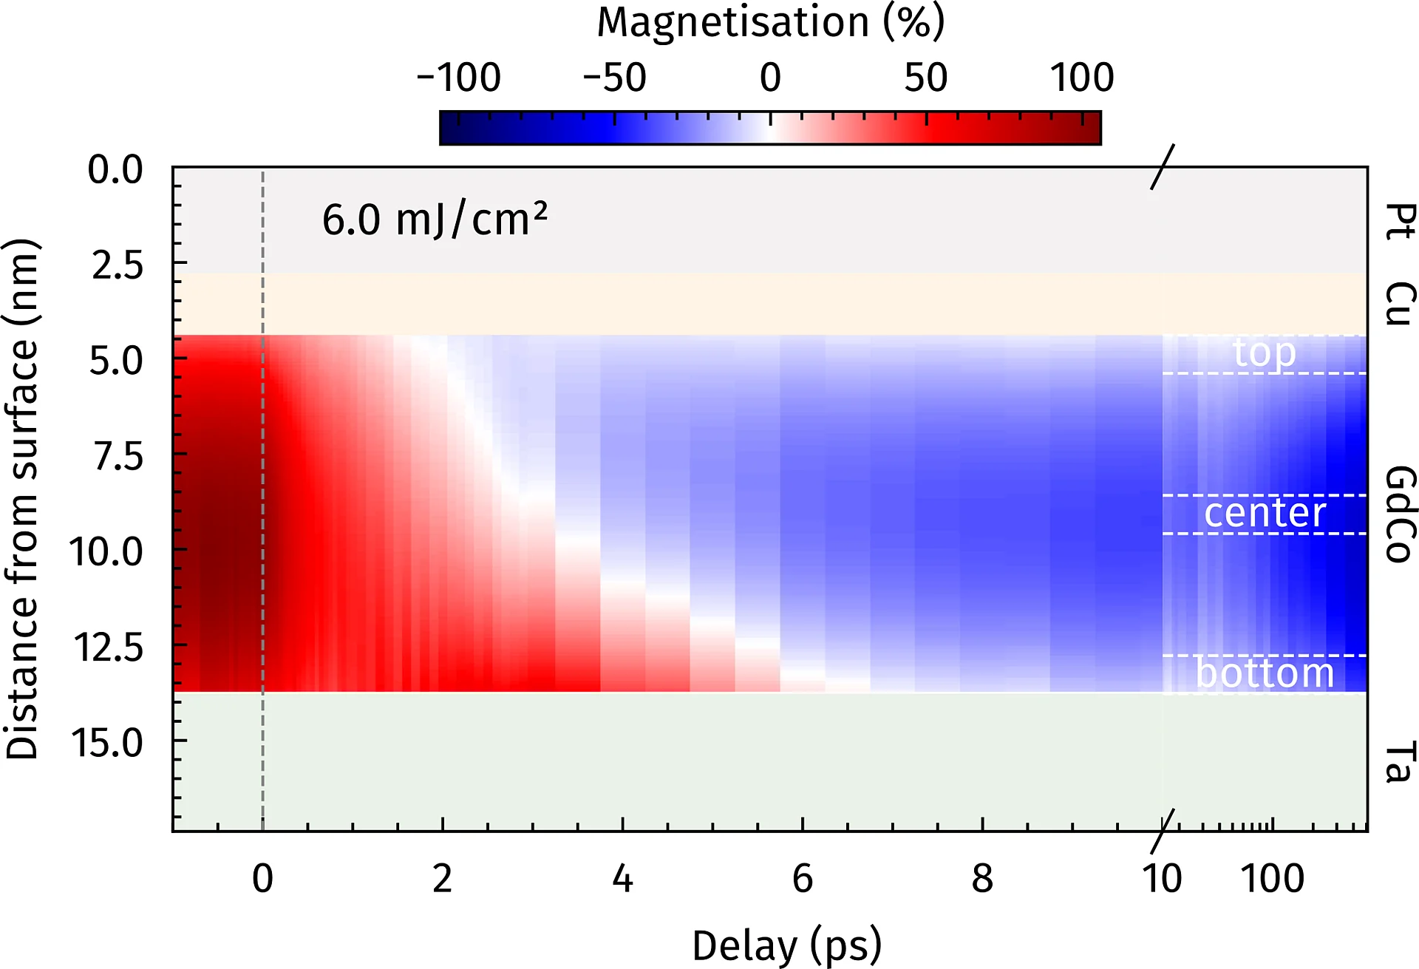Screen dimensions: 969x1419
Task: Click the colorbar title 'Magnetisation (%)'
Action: pyautogui.click(x=770, y=22)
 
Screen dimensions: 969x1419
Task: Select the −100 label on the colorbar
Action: pyautogui.click(x=459, y=78)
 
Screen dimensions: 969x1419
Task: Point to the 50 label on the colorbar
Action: pyautogui.click(x=925, y=78)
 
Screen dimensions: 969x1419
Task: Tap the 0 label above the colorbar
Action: pyautogui.click(x=770, y=78)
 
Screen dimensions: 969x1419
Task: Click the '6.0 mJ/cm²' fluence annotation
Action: pyautogui.click(x=435, y=220)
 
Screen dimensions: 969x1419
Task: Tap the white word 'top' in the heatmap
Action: pyautogui.click(x=1264, y=353)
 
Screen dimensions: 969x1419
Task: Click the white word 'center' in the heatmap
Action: pyautogui.click(x=1265, y=513)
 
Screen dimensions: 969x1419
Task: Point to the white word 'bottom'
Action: pyautogui.click(x=1265, y=673)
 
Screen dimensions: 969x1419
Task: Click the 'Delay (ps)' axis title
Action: pyautogui.click(x=786, y=945)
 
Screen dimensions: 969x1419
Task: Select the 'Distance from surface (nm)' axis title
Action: pyautogui.click(x=22, y=500)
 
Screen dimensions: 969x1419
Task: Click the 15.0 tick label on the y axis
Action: pyautogui.click(x=108, y=742)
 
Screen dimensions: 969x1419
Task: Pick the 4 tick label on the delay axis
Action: pyautogui.click(x=622, y=879)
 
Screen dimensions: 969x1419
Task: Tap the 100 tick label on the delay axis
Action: pyautogui.click(x=1272, y=879)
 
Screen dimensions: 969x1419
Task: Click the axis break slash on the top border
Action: pyautogui.click(x=1162, y=167)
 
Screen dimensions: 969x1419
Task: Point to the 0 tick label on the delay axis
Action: pyautogui.click(x=262, y=879)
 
